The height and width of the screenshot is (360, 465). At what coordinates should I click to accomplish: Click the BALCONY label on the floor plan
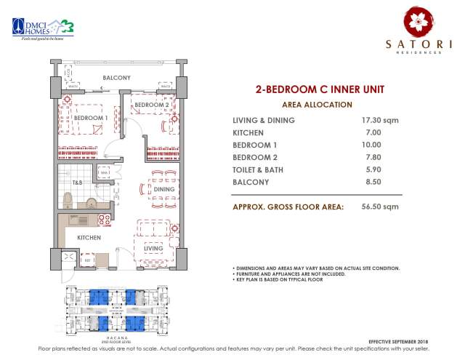point(116,77)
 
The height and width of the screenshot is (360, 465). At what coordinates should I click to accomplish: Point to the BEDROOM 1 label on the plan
point(91,117)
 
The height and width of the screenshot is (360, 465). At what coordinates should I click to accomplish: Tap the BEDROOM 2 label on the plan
point(151,105)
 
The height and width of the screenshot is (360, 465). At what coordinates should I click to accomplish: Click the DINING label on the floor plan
point(163,189)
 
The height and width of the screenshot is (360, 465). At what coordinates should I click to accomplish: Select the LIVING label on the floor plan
point(153,248)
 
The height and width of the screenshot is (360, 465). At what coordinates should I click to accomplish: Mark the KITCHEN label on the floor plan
point(89,237)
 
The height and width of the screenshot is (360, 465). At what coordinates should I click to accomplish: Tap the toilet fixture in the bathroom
point(68,200)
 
